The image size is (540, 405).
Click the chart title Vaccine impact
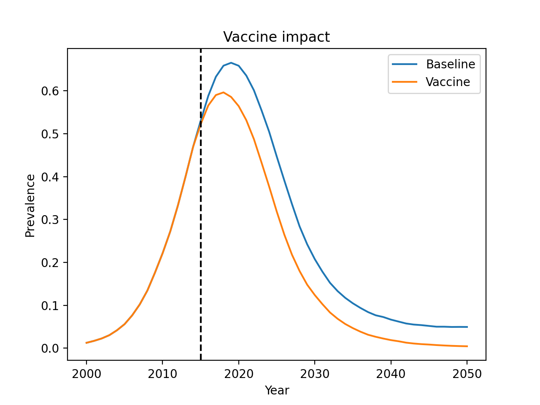pos(276,37)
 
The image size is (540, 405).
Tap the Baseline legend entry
pos(450,64)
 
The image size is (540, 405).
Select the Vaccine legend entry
pos(448,82)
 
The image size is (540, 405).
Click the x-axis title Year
pos(277,391)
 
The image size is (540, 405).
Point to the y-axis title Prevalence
pos(30,205)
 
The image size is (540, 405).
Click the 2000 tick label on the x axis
pos(86,374)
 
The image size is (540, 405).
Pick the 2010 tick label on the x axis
pos(162,374)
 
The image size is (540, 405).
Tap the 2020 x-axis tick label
pos(239,374)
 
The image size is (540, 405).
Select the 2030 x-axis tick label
pos(315,374)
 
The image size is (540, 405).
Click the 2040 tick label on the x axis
pos(391,374)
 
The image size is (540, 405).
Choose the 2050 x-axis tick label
pos(467,374)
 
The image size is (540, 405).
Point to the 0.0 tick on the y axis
pos(50,348)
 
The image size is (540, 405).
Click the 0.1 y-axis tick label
pos(50,305)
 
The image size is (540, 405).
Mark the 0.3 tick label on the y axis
pos(50,220)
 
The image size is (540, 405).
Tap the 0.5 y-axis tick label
pos(50,134)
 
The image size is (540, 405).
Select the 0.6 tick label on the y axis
pos(50,91)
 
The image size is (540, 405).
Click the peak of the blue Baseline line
pos(231,63)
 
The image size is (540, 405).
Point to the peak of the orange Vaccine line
pos(224,92)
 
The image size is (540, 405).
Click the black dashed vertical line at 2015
pos(200,253)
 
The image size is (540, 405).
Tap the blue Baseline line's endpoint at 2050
pos(467,327)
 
